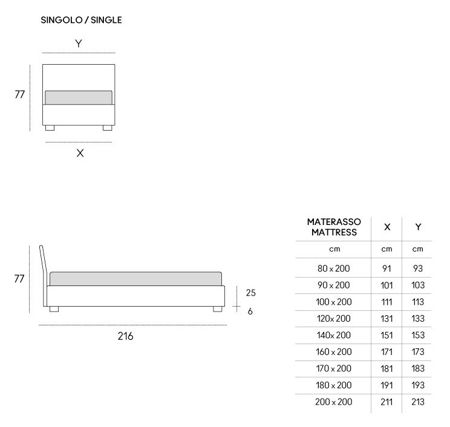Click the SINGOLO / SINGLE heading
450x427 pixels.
(81, 20)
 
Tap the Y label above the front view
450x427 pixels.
(79, 44)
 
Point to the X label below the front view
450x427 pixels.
(80, 153)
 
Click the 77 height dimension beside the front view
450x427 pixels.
(20, 94)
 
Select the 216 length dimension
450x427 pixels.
(125, 336)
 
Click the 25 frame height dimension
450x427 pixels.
(250, 293)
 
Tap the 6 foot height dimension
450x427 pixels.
(250, 311)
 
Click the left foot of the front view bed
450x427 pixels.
(50, 128)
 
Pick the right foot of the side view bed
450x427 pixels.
(218, 309)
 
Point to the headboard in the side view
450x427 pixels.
(44, 275)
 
